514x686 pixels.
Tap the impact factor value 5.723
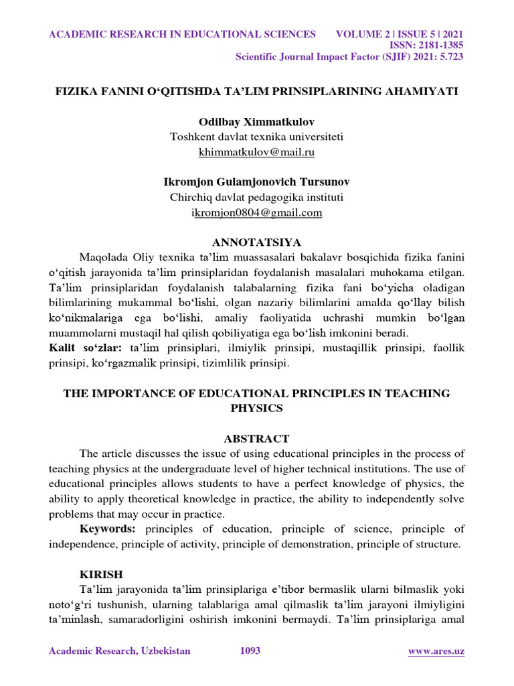[x=448, y=57]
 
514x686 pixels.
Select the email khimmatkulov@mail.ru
[x=256, y=152]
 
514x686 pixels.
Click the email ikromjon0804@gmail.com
[x=256, y=213]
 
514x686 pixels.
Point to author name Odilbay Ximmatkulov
[x=256, y=122]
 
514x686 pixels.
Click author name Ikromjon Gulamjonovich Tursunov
[x=256, y=182]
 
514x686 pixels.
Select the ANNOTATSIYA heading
[x=256, y=242]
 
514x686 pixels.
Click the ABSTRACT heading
[x=256, y=439]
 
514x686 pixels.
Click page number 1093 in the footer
[x=250, y=651]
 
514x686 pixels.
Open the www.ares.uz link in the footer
[x=436, y=651]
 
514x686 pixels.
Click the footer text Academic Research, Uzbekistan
[x=120, y=651]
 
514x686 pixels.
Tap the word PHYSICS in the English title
[x=256, y=408]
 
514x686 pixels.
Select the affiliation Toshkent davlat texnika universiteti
[x=256, y=137]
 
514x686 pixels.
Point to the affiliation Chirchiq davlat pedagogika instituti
[x=256, y=197]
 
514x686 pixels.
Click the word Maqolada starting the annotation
[x=102, y=257]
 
